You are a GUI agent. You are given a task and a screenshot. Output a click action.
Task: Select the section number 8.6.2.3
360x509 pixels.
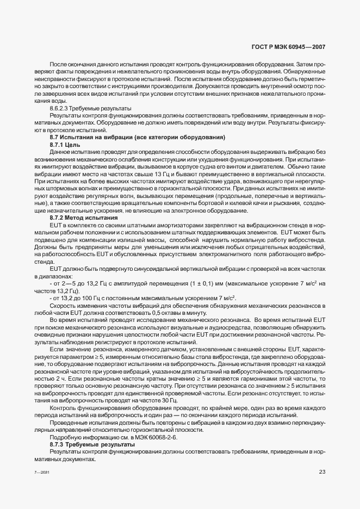[61, 108]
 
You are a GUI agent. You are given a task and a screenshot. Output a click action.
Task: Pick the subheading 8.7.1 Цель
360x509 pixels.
[64, 145]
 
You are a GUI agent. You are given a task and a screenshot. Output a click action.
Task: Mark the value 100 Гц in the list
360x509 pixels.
[89, 299]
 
